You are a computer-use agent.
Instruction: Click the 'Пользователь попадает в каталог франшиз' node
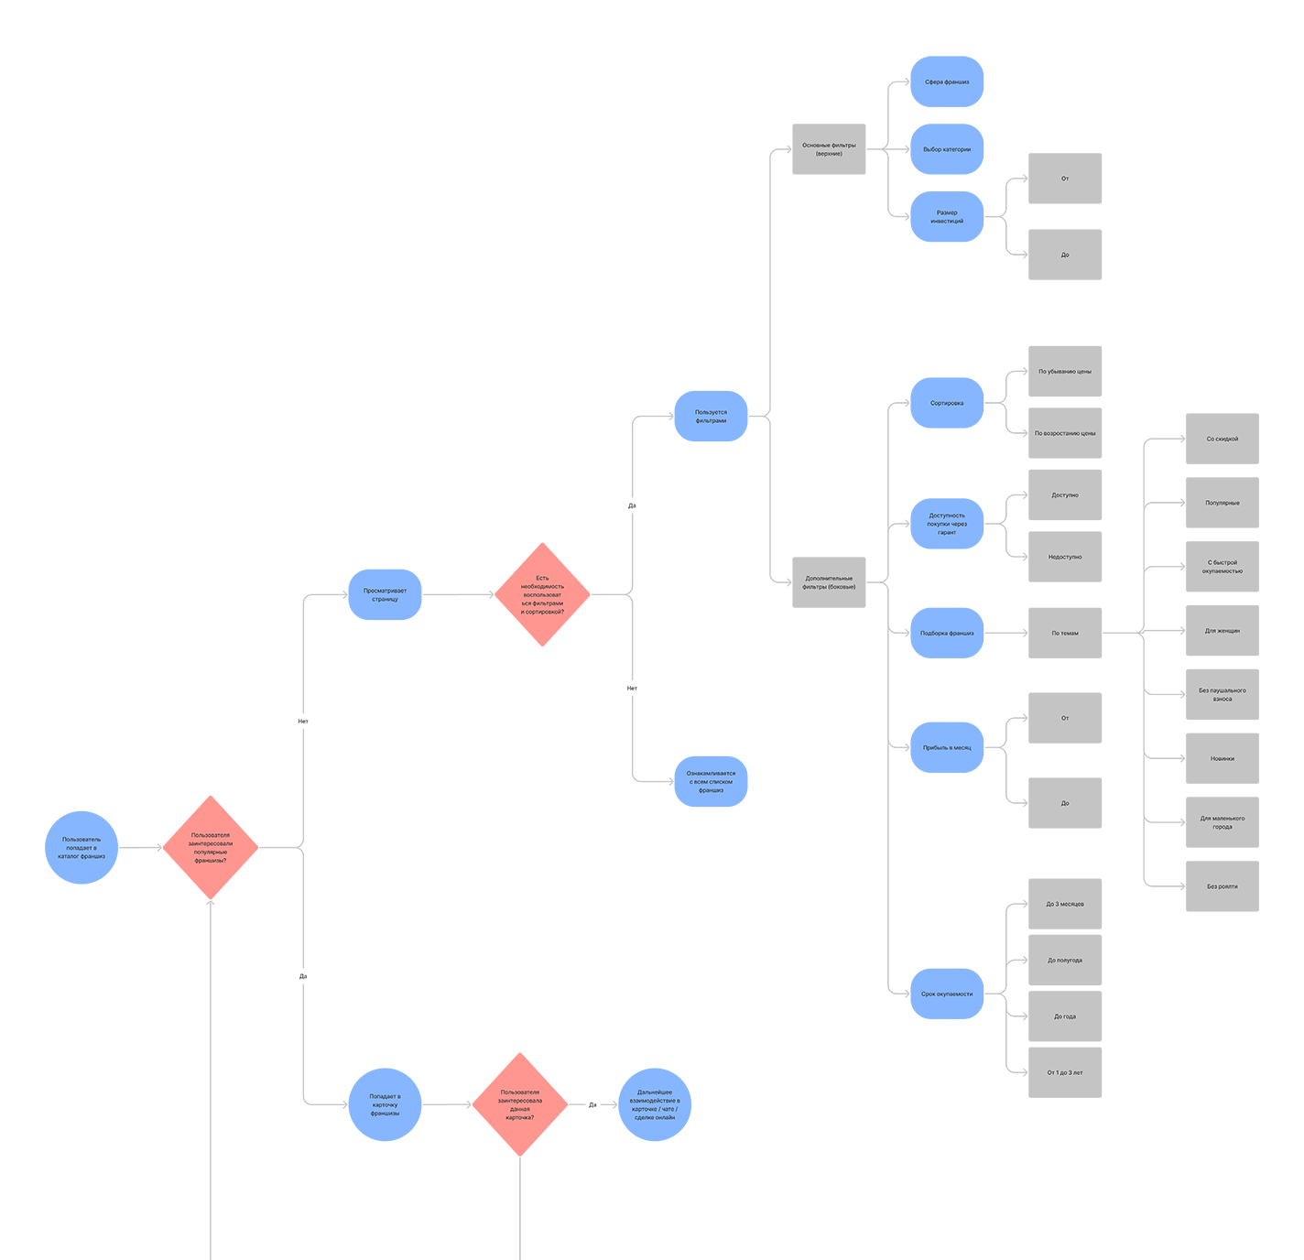tap(81, 848)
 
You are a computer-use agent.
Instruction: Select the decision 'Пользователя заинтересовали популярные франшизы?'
tap(211, 848)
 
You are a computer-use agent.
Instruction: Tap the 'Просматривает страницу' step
tap(385, 595)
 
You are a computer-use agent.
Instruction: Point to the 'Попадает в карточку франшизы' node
tap(385, 1104)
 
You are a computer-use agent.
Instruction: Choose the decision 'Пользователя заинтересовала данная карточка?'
tap(520, 1104)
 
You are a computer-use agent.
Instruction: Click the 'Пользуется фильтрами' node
tap(711, 417)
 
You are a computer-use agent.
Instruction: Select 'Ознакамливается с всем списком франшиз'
tap(711, 781)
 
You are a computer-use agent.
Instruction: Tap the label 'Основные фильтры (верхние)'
tap(829, 149)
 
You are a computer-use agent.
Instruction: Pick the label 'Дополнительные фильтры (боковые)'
tap(829, 582)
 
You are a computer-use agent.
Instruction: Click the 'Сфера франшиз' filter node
tap(947, 82)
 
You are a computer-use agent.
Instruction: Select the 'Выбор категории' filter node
tap(947, 149)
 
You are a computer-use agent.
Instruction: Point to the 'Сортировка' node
tap(947, 403)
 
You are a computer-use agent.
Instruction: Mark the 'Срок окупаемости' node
tap(947, 994)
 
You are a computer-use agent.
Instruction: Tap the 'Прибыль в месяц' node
tap(947, 747)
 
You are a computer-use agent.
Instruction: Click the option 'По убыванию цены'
tap(1064, 372)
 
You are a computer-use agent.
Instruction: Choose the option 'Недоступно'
tap(1064, 557)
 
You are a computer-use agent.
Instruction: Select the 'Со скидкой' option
tap(1222, 439)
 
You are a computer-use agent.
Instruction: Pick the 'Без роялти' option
tap(1222, 886)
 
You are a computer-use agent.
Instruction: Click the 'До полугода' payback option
tap(1064, 961)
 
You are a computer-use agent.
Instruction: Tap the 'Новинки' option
tap(1222, 758)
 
